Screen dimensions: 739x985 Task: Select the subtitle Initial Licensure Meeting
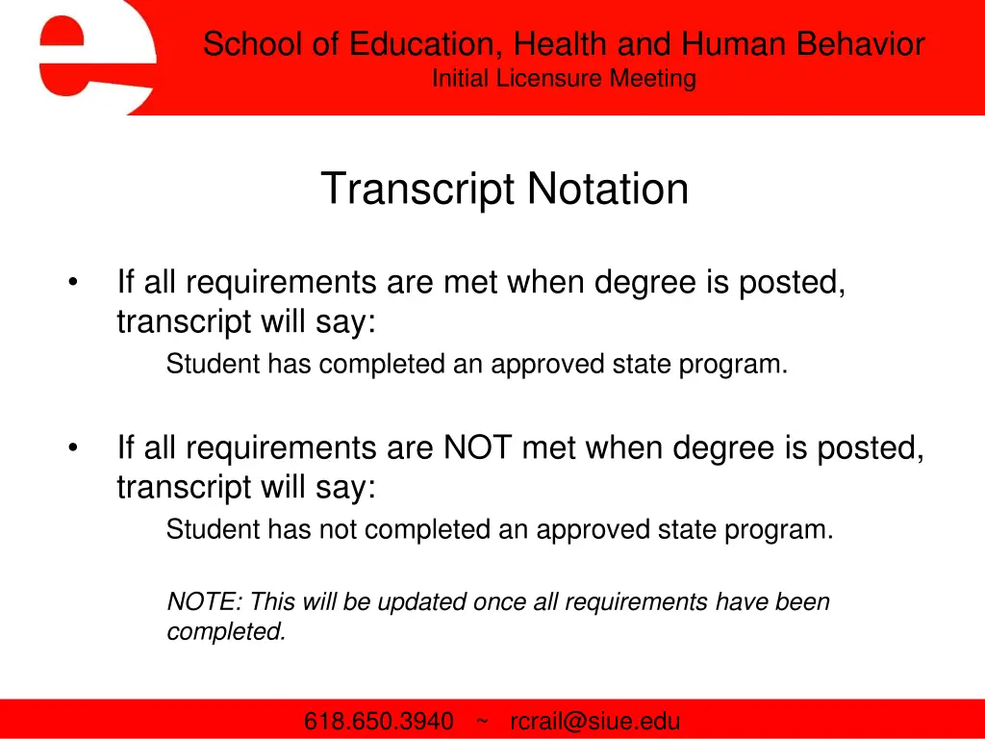coord(564,79)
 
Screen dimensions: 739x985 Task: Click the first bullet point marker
coord(74,284)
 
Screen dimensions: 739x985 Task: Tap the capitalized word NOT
coord(478,448)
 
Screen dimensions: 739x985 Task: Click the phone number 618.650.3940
coord(379,722)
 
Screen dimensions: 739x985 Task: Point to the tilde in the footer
coord(482,722)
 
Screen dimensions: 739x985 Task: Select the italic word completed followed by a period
coord(226,632)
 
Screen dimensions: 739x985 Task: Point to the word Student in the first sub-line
coord(213,365)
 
